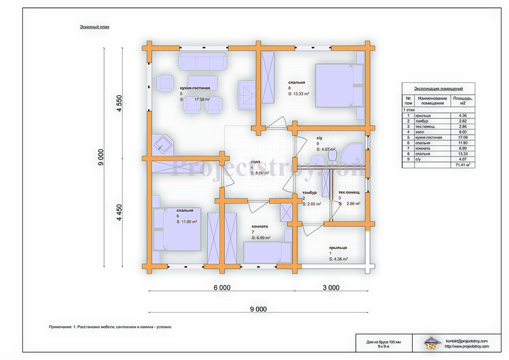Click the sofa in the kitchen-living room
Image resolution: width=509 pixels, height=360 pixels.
(203, 62)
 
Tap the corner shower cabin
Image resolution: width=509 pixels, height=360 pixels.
(353, 154)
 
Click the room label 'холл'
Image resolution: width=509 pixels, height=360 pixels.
(255, 161)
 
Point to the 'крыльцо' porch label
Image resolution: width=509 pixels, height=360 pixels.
(338, 248)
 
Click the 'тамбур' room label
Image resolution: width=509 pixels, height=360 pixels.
(310, 192)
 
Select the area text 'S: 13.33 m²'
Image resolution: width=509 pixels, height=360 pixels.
(298, 94)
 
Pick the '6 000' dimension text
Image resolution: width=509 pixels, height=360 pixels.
(222, 288)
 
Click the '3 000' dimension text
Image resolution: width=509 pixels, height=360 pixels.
(331, 288)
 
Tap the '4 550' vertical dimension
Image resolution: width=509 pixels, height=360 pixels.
(119, 103)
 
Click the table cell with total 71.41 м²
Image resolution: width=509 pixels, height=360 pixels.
(463, 165)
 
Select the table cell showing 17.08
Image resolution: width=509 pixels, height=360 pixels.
(463, 137)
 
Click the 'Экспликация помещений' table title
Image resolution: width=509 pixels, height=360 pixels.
(438, 89)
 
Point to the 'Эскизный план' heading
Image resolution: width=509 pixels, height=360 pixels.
(94, 27)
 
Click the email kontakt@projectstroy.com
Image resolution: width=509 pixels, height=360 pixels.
(466, 341)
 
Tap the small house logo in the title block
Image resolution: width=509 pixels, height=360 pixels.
(432, 343)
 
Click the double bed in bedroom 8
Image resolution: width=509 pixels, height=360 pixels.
(339, 86)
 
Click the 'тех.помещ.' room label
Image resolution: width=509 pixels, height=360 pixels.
(349, 192)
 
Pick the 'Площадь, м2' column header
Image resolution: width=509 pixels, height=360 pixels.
(463, 100)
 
